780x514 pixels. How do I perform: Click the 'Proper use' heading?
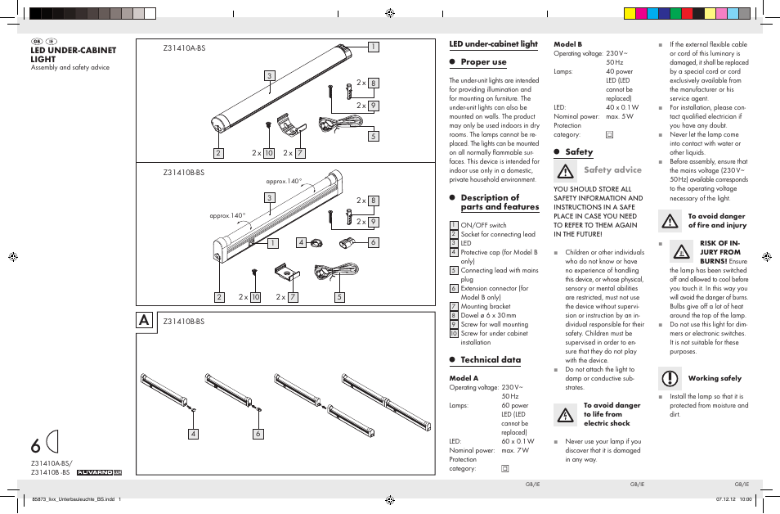[x=483, y=62]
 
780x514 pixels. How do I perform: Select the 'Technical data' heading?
[x=490, y=360]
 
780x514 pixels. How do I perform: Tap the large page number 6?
[x=35, y=446]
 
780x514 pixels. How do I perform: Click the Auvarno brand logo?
[x=99, y=472]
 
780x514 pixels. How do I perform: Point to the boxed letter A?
[x=144, y=322]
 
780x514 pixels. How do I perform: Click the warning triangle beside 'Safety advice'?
[x=565, y=171]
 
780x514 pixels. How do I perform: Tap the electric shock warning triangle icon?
[x=565, y=415]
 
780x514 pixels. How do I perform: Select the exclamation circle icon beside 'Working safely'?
[x=670, y=378]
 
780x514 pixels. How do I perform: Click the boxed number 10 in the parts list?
[x=454, y=334]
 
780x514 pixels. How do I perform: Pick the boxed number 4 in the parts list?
[x=454, y=252]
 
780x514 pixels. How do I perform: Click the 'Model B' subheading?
[x=567, y=44]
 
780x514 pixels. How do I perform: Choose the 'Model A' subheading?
[x=464, y=378]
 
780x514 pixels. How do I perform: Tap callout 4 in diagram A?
[x=194, y=434]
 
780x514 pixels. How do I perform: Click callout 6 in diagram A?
[x=258, y=434]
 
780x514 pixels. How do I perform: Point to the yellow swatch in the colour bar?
[x=630, y=13]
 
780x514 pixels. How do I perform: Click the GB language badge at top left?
[x=36, y=41]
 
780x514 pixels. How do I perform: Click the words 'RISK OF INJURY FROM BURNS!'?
[x=719, y=252]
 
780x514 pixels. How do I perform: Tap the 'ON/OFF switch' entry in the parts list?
[x=483, y=225]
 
